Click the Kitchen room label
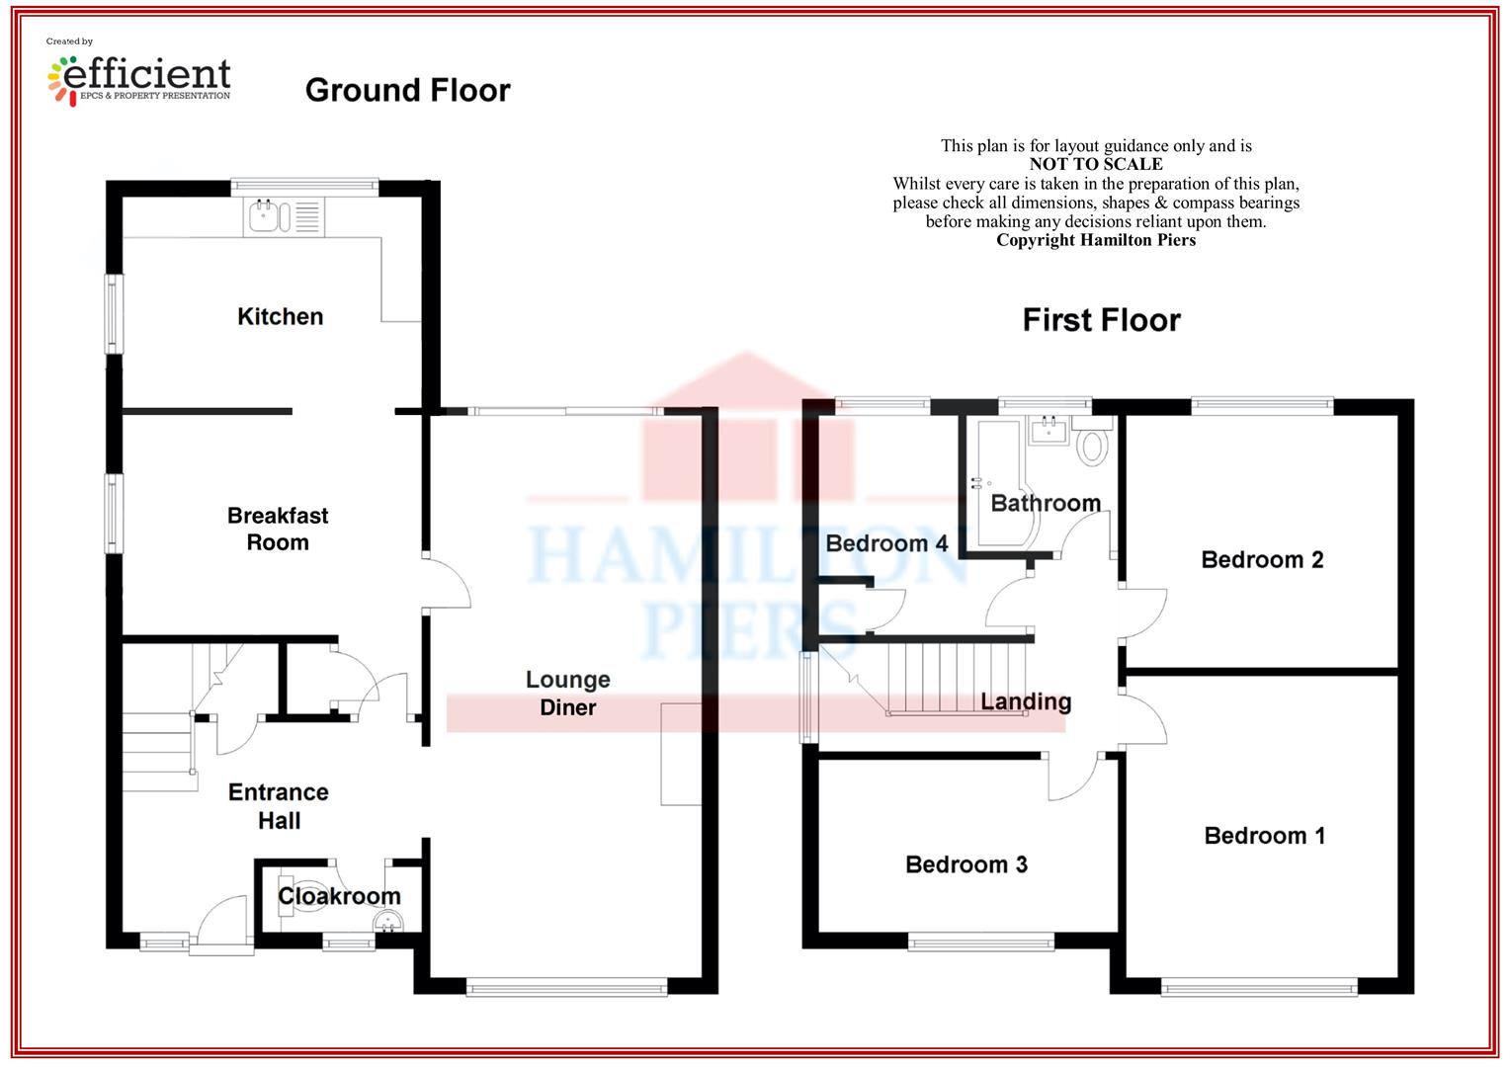pos(281,317)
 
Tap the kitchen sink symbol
pos(284,217)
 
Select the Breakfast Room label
pos(278,530)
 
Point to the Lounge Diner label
pos(567,693)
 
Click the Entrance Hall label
pos(279,806)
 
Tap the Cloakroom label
pos(339,896)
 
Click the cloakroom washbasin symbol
pos(389,921)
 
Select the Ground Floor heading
pos(408,90)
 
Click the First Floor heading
pos(1102,320)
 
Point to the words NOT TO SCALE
pos(1096,164)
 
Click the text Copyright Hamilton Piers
pos(1096,240)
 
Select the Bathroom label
pos(1046,504)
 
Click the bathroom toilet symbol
pos(1093,442)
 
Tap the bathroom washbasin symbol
pos(1049,430)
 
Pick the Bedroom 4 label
pos(886,543)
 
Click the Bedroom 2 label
pos(1262,559)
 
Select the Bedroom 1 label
pos(1265,836)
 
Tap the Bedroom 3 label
pos(966,864)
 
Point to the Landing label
pos(1026,701)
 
